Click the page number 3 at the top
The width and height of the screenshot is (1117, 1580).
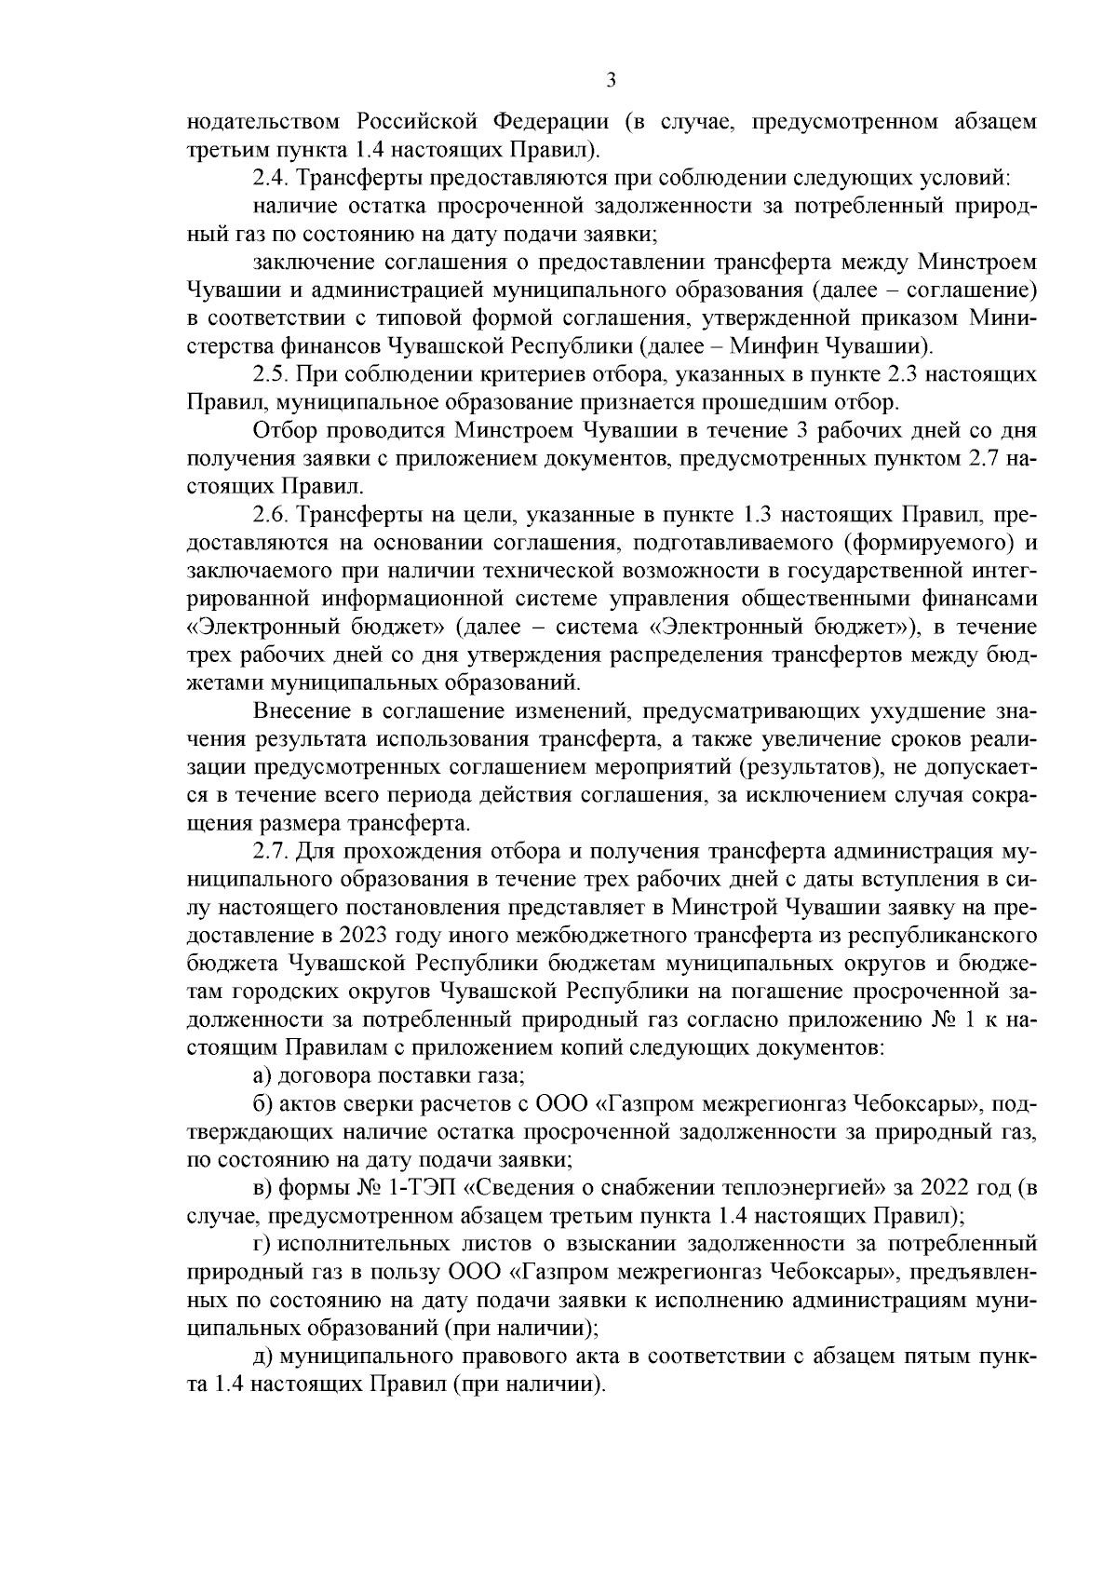tap(611, 81)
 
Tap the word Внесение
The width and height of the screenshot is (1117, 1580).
tap(301, 711)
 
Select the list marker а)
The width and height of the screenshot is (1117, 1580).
tap(262, 1075)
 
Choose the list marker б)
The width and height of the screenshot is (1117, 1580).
tap(262, 1103)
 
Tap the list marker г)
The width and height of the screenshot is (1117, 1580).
tap(261, 1243)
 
